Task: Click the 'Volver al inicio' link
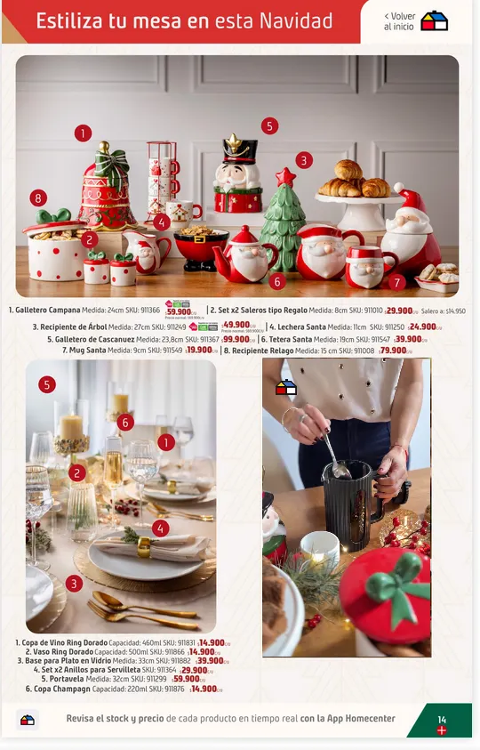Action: pos(399,21)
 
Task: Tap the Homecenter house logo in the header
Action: pos(435,21)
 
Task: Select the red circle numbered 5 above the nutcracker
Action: pos(269,125)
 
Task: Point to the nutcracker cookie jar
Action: pos(238,178)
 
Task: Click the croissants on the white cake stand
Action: pos(354,180)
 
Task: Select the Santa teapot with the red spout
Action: pos(245,256)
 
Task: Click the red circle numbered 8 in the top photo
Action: pos(38,198)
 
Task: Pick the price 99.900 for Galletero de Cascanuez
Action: pos(236,339)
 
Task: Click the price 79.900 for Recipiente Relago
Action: pos(394,351)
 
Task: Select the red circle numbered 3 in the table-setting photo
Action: pos(74,584)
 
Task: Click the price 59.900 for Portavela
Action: pos(187,679)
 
